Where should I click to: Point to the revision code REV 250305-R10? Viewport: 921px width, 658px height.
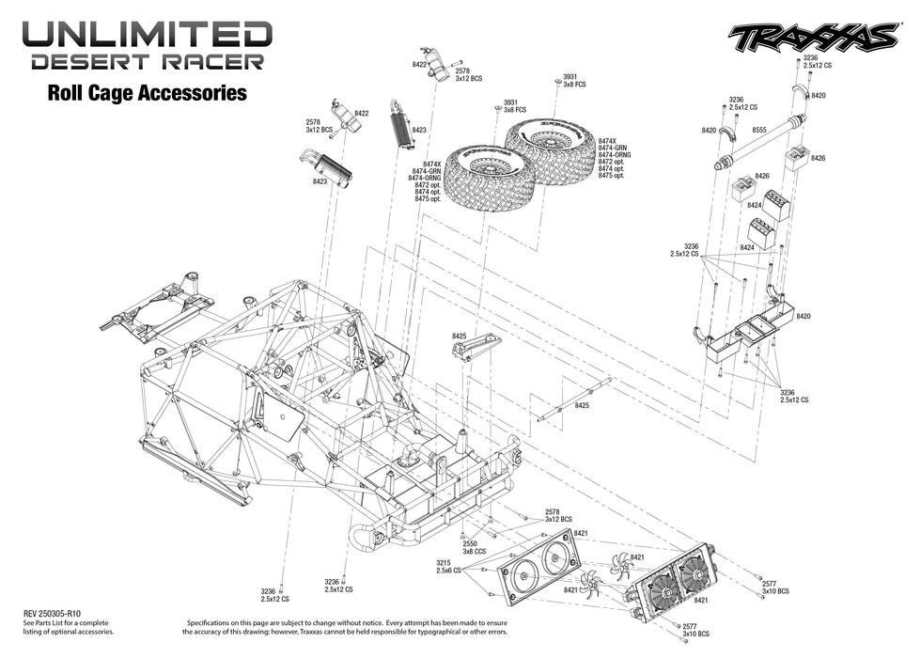pyautogui.click(x=57, y=611)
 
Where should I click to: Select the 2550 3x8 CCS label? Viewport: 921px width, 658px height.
pyautogui.click(x=475, y=548)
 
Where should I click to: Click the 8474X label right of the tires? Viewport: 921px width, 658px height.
pyautogui.click(x=610, y=140)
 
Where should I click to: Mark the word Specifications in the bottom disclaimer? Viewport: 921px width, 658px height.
pyautogui.click(x=215, y=622)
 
